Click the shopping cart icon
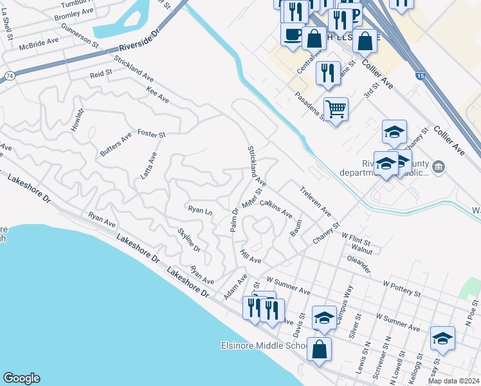click(x=336, y=108)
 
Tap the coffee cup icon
click(x=293, y=34)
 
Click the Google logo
click(x=21, y=378)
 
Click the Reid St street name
click(x=101, y=75)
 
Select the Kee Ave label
click(x=158, y=95)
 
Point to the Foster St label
click(x=152, y=134)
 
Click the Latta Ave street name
click(x=149, y=165)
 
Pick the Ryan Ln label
click(x=200, y=210)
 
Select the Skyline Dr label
click(x=188, y=239)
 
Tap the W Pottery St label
click(x=401, y=287)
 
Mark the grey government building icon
click(x=439, y=167)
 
